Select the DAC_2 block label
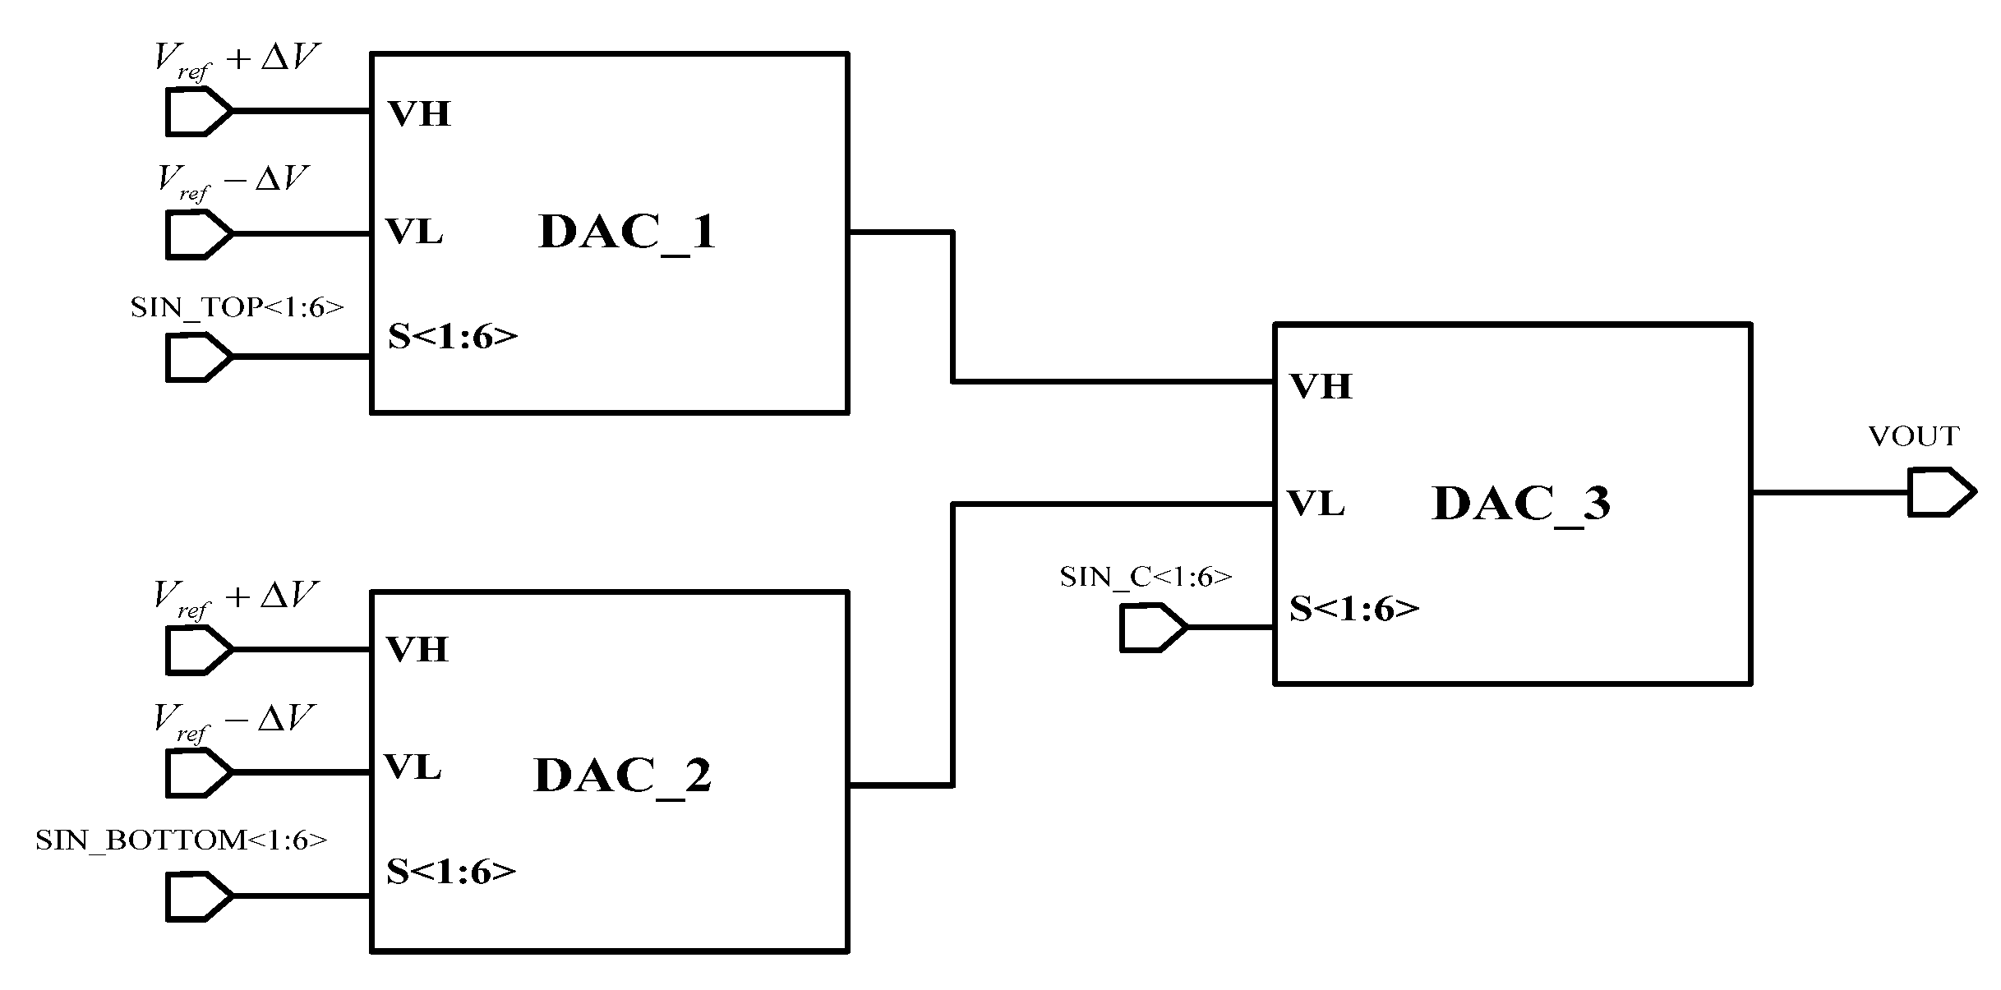[x=622, y=775]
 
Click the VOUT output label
[x=1913, y=436]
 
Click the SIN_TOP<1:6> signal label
[x=237, y=308]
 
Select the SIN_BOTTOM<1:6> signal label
[x=181, y=840]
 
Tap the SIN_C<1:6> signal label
[x=1146, y=577]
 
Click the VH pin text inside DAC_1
[x=419, y=113]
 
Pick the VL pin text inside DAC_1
[x=415, y=233]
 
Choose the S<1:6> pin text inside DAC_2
[x=451, y=871]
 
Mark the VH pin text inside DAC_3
[x=1321, y=386]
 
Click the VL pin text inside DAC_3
[x=1316, y=504]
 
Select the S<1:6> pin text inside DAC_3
[x=1353, y=609]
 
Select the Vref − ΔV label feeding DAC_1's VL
[x=233, y=181]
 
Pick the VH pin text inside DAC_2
[x=417, y=649]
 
